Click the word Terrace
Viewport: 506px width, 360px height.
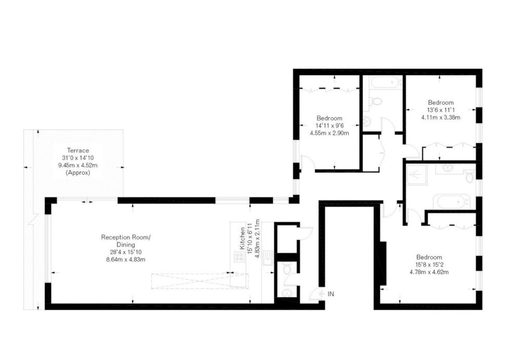click(78, 150)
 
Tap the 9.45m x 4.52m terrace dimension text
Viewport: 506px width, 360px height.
click(78, 165)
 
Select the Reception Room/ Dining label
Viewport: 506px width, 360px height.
click(126, 241)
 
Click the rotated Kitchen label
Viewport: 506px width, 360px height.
click(242, 238)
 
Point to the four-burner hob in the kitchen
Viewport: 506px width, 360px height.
click(239, 257)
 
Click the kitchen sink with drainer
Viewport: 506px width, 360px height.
click(268, 258)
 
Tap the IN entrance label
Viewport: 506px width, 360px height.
click(331, 294)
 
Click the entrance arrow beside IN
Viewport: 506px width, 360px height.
click(322, 294)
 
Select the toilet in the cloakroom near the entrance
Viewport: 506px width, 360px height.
click(287, 268)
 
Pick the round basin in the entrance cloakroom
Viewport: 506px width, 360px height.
click(286, 293)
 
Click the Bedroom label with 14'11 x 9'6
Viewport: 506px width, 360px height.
click(329, 118)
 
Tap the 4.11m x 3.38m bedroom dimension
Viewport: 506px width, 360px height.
click(441, 118)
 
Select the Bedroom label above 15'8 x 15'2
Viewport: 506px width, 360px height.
click(429, 257)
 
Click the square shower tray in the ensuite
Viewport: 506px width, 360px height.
click(416, 174)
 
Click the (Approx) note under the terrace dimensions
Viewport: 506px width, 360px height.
click(78, 173)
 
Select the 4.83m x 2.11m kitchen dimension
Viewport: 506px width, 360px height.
click(257, 238)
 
